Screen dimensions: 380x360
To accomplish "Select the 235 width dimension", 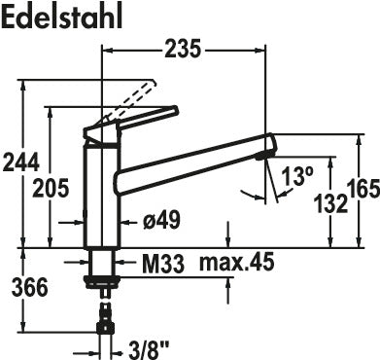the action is [183, 50].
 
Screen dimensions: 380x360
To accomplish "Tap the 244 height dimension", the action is [20, 162].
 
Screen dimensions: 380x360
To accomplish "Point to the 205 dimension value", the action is [51, 188].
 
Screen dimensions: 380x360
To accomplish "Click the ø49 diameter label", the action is [161, 220].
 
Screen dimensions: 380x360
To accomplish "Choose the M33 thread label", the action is [162, 264].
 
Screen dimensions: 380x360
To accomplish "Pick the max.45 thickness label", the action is [236, 262].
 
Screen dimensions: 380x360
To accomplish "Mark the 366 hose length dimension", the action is [29, 287].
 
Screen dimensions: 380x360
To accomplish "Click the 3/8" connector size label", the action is [148, 350].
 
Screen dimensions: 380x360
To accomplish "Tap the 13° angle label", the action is [297, 176].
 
